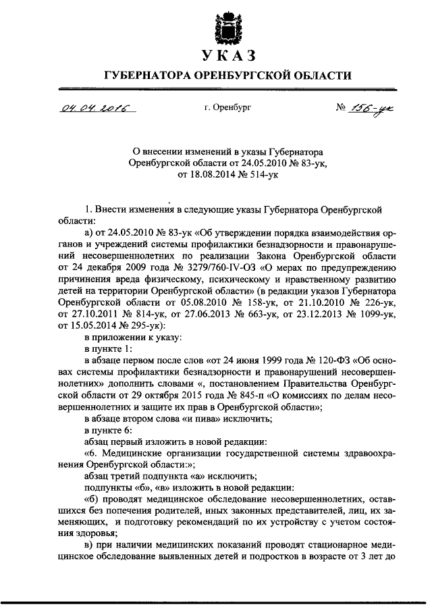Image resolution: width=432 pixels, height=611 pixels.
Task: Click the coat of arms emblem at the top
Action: coord(226,25)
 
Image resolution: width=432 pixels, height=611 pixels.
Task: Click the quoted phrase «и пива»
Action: coord(199,418)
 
